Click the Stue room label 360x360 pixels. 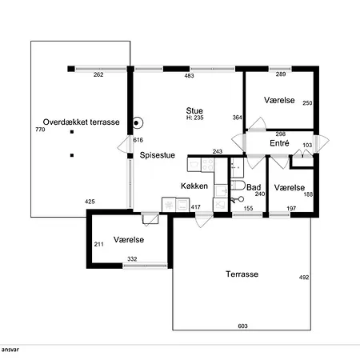click(x=194, y=110)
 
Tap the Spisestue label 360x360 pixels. click(x=158, y=155)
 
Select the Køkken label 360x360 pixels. click(x=194, y=186)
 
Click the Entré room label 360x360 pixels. click(x=279, y=143)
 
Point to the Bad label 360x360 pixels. click(x=254, y=187)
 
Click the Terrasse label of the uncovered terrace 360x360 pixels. click(x=242, y=274)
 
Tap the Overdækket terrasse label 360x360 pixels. click(x=81, y=122)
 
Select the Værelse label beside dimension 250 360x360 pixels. click(x=279, y=100)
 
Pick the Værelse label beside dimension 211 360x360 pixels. click(x=129, y=239)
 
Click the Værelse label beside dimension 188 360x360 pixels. click(x=290, y=187)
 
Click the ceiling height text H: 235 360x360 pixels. click(x=194, y=118)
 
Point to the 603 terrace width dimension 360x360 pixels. click(x=242, y=326)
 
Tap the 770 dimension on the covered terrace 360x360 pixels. click(x=40, y=130)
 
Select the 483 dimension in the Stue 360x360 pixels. click(x=189, y=76)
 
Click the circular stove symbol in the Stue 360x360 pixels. click(x=138, y=123)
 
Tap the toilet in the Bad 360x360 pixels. click(x=238, y=185)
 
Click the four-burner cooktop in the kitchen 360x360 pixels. click(x=207, y=165)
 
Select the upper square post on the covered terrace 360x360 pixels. click(x=72, y=132)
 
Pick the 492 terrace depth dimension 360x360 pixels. click(x=304, y=278)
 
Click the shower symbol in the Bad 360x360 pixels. click(x=237, y=199)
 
